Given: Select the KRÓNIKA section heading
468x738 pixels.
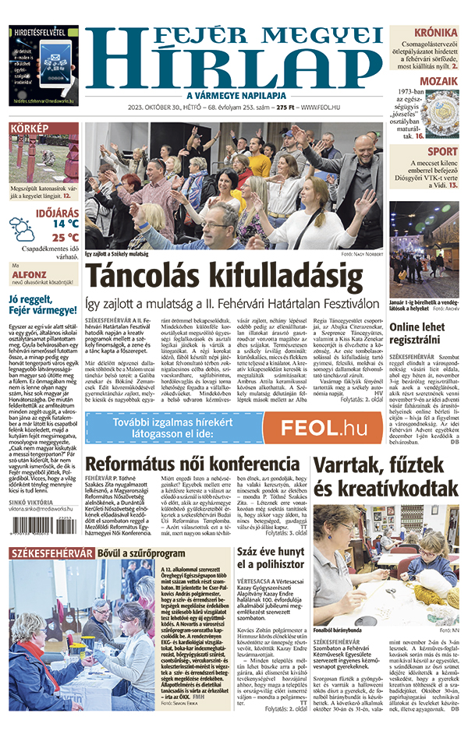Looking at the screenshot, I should [436, 33].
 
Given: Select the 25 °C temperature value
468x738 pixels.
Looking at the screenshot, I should [66, 238].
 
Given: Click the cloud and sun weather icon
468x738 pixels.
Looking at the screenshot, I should [22, 229].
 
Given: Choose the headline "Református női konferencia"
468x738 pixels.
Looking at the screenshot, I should [193, 464].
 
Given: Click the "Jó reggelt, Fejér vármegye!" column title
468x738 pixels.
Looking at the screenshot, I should [43, 307].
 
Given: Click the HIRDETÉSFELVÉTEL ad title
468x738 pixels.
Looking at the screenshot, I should [43, 33].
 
